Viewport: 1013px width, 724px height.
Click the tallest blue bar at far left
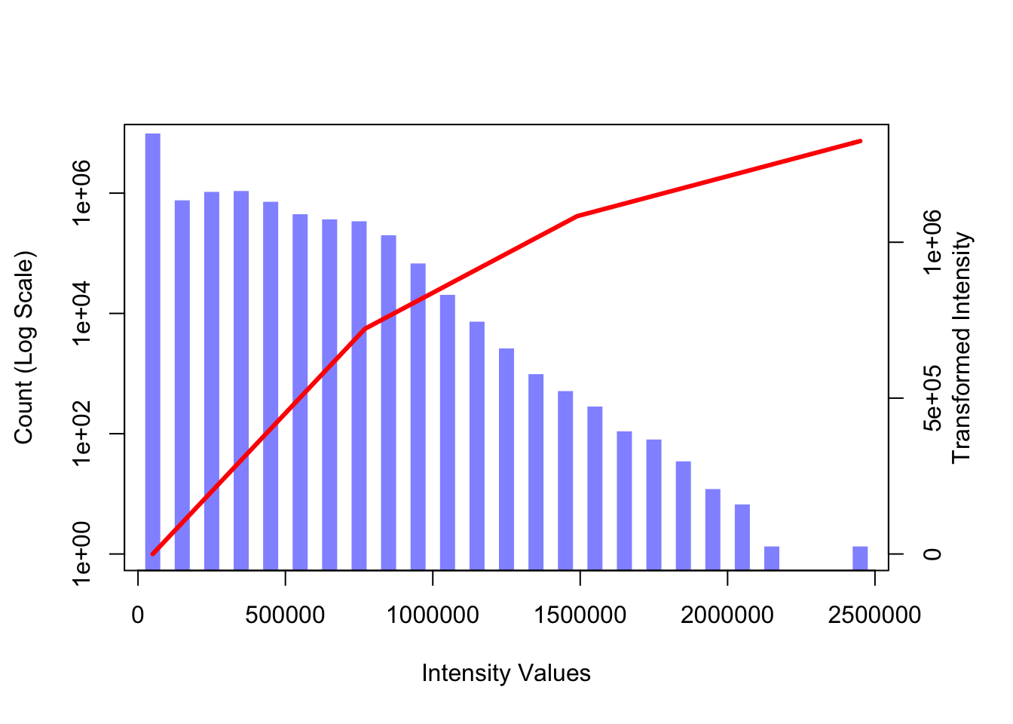152,351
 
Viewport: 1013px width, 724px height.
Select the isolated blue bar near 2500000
860,557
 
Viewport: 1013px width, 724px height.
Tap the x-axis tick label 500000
285,615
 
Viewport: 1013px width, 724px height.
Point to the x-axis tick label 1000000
433,615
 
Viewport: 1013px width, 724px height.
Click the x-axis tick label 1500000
580,615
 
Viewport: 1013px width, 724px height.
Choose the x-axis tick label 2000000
727,615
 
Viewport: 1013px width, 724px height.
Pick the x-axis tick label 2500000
874,615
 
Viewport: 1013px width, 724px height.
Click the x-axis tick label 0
138,615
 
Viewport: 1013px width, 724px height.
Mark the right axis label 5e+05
933,398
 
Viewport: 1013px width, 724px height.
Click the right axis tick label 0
933,554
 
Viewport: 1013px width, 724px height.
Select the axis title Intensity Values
506,673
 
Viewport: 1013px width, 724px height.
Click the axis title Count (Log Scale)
24,348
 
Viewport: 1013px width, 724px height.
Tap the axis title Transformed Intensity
962,348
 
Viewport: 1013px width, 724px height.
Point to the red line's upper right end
860,141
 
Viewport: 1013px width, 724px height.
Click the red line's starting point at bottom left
153,554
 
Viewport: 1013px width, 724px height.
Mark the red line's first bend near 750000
366,328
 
